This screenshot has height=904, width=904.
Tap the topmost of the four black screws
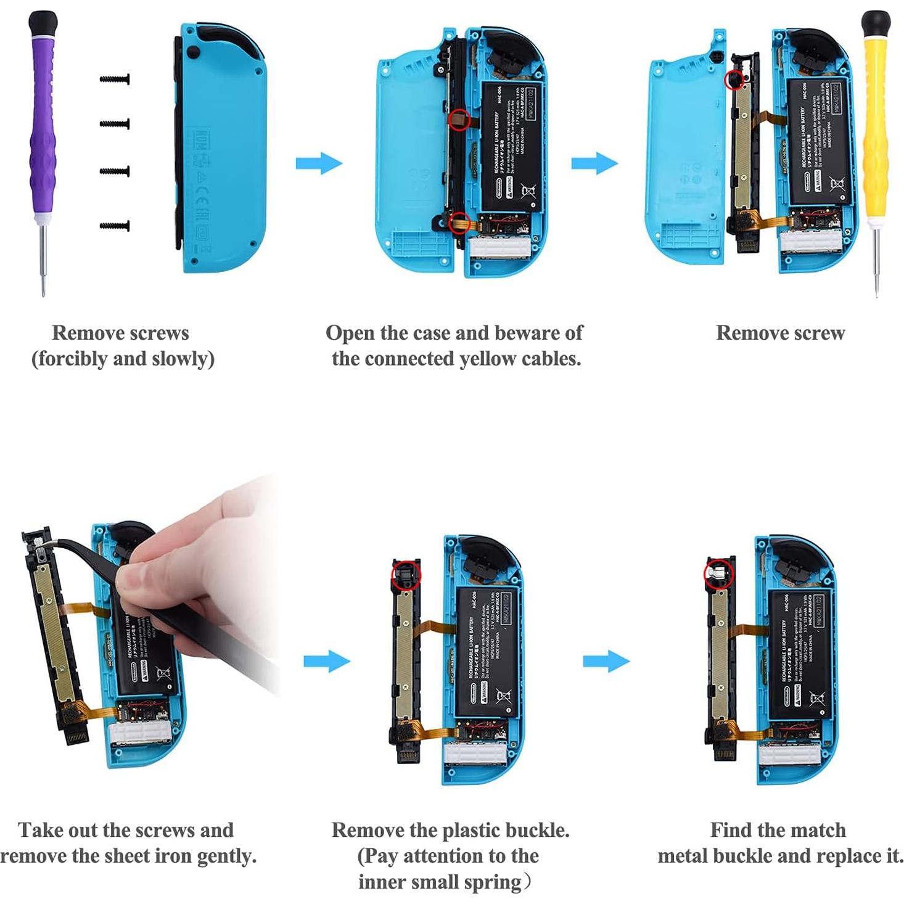click(x=115, y=80)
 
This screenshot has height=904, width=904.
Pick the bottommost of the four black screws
click(x=115, y=226)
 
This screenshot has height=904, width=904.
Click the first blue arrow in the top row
click(x=319, y=163)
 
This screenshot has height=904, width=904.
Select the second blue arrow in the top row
click(x=594, y=163)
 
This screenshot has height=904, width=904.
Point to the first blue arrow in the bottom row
click(x=327, y=662)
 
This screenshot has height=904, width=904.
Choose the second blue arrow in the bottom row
click(x=606, y=661)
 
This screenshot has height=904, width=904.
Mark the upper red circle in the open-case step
click(x=459, y=119)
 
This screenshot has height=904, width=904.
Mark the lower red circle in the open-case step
click(x=458, y=223)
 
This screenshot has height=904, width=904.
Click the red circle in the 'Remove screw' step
click(x=734, y=80)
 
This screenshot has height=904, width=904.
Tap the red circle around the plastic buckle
click(x=406, y=575)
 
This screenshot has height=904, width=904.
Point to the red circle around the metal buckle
click(x=719, y=573)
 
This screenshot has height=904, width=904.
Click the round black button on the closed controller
click(x=193, y=53)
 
